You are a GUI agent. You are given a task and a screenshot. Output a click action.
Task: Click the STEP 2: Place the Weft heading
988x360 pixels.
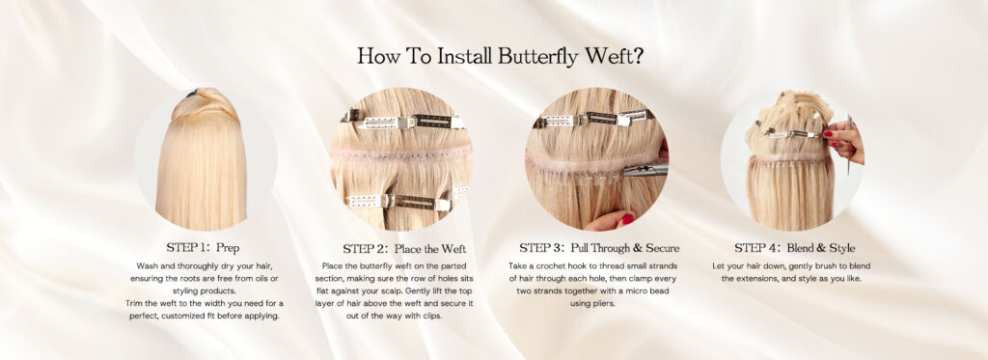tap(404, 249)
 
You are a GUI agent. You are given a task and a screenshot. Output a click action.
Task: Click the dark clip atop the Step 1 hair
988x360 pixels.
tap(192, 94)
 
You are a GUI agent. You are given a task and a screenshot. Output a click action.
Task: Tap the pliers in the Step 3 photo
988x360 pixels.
tap(645, 169)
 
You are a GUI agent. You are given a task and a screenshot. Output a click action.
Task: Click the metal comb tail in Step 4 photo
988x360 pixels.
tap(849, 145)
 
